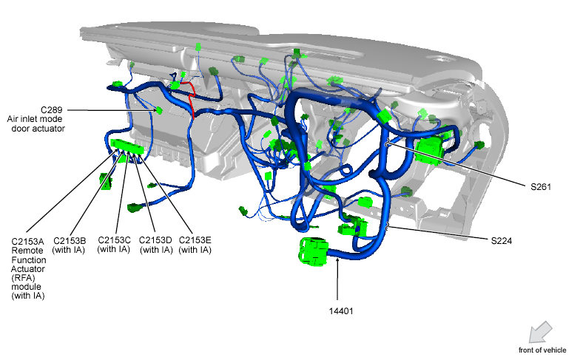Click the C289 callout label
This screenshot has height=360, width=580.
coord(52,109)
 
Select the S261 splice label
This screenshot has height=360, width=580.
coord(541,187)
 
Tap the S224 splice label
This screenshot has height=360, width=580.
coord(502,241)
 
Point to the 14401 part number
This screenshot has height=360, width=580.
coord(341,311)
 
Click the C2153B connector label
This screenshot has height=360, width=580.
coord(70,241)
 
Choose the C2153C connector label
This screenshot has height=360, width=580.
coord(114,240)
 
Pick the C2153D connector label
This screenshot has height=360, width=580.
coord(155,240)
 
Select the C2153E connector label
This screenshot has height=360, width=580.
coord(195,240)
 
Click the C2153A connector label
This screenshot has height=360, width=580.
coord(28,242)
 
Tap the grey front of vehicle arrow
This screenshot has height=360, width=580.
coord(540,332)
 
